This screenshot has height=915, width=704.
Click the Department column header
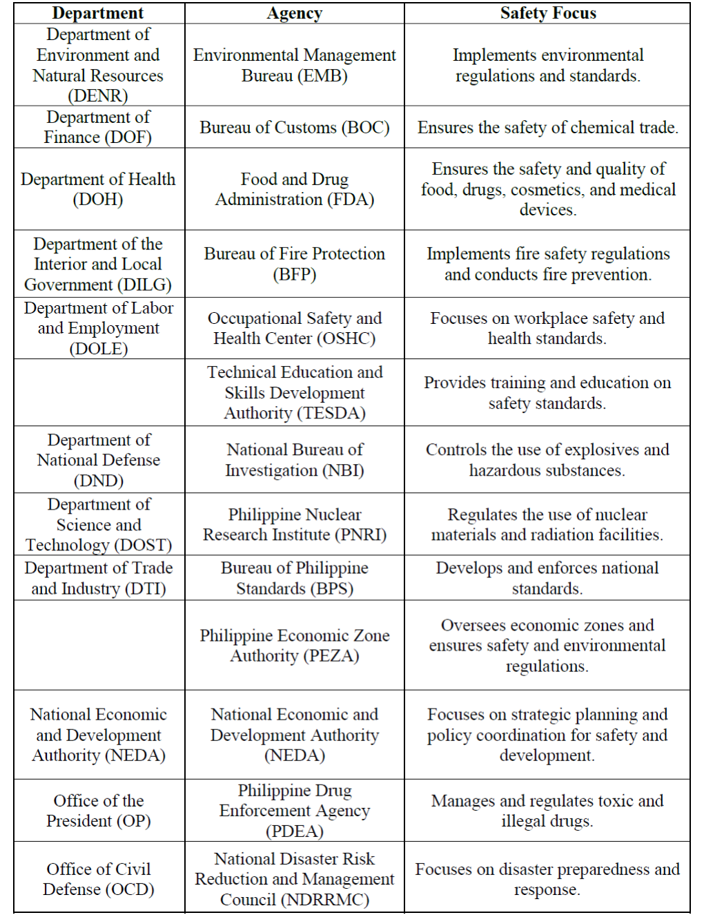pyautogui.click(x=98, y=13)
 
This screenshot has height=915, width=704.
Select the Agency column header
pyautogui.click(x=295, y=13)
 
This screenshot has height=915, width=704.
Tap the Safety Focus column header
pyautogui.click(x=548, y=13)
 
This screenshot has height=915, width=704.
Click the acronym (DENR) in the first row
pyautogui.click(x=98, y=96)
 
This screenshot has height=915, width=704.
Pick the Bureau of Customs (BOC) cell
pyautogui.click(x=295, y=128)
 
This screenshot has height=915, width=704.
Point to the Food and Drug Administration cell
pyautogui.click(x=295, y=189)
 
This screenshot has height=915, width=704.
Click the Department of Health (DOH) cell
pyautogui.click(x=98, y=189)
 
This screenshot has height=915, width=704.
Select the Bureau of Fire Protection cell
pyautogui.click(x=295, y=264)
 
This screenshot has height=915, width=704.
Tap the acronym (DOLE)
pyautogui.click(x=99, y=349)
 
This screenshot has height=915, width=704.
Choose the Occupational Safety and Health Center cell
pyautogui.click(x=295, y=328)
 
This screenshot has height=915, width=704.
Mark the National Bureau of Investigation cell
pyautogui.click(x=295, y=460)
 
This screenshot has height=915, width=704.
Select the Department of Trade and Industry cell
pyautogui.click(x=98, y=578)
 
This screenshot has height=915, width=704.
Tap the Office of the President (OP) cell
pyautogui.click(x=98, y=811)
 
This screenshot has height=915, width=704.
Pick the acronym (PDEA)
pyautogui.click(x=295, y=831)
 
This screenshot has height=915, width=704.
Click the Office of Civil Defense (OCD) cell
pyautogui.click(x=98, y=878)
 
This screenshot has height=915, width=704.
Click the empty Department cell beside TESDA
pyautogui.click(x=99, y=392)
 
